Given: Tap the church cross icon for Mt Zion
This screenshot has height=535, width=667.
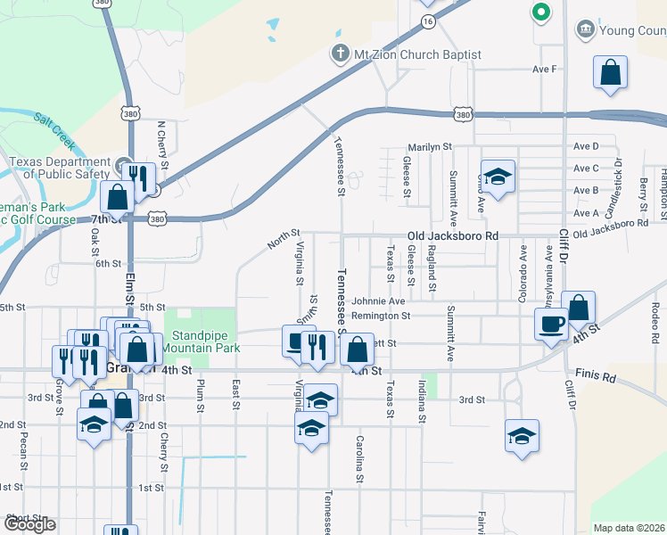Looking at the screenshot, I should [340, 54].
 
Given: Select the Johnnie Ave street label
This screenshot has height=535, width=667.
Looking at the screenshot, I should [378, 301].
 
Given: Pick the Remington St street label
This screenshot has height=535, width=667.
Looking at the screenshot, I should [380, 316].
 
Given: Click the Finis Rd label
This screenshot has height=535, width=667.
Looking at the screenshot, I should [597, 378].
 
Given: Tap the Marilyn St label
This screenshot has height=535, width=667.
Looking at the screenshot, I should [431, 146].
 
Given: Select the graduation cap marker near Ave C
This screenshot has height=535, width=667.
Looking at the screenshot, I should [498, 176].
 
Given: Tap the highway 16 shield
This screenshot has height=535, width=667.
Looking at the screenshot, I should [429, 21].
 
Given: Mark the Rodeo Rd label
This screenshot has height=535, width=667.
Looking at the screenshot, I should [655, 325].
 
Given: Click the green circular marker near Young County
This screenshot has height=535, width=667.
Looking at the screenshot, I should [539, 12].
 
